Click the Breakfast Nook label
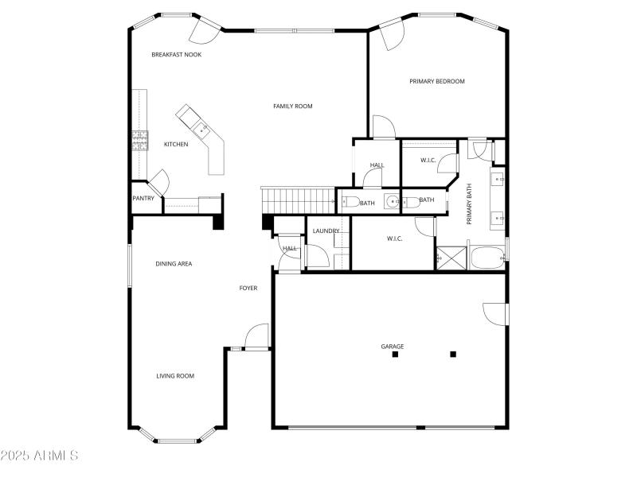click(x=177, y=55)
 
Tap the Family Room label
click(x=293, y=107)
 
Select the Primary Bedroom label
click(x=437, y=81)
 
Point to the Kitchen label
click(x=176, y=145)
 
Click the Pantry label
click(x=143, y=199)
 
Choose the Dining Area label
click(x=174, y=264)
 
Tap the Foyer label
click(x=248, y=288)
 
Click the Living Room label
click(x=175, y=376)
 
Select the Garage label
click(x=393, y=347)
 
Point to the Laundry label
click(x=326, y=231)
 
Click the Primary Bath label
click(x=470, y=204)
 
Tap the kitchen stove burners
click(x=140, y=141)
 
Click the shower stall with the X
click(x=449, y=258)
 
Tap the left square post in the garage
click(x=395, y=355)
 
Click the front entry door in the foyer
click(x=256, y=338)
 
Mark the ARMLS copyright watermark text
click(x=40, y=456)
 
